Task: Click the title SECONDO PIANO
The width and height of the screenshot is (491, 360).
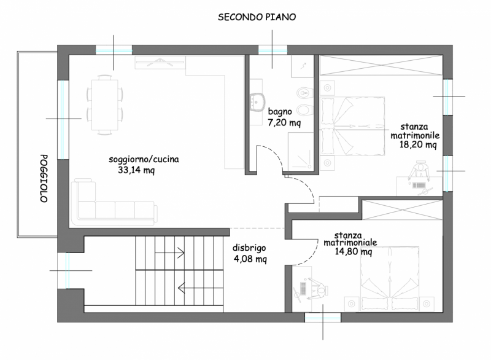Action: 257,17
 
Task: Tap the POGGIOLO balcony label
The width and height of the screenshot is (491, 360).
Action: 44,178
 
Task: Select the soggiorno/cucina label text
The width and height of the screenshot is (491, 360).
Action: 144,159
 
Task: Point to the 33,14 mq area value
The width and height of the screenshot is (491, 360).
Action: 136,170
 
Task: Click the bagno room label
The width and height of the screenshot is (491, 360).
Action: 280,112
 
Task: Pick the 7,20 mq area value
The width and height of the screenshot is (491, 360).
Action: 284,122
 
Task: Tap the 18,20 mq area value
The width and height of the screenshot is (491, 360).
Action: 418,144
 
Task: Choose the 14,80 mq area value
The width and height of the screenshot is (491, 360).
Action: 354,252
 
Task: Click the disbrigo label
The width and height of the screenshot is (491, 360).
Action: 249,248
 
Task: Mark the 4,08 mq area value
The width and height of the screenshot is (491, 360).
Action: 250,259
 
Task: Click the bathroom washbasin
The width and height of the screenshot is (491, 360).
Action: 257,102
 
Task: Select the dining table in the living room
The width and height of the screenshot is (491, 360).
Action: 104,104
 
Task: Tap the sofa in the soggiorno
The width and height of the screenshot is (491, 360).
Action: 114,202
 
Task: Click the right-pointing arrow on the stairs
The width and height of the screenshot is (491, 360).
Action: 169,252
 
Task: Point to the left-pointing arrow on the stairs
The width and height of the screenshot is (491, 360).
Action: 192,288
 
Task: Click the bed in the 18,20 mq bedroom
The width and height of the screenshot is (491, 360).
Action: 352,126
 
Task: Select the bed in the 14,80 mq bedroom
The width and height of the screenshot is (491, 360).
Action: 390,279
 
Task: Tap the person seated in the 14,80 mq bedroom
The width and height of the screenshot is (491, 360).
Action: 318,290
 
